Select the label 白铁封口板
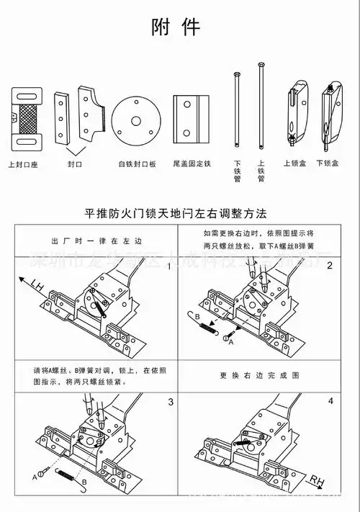tap(137, 163)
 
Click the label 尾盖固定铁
tap(192, 163)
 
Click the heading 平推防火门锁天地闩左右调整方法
tap(176, 214)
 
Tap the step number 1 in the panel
tap(169, 266)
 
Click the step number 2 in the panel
tap(330, 266)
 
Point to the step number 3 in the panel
tap(169, 401)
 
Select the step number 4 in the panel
tap(330, 400)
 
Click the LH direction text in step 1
tap(37, 288)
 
